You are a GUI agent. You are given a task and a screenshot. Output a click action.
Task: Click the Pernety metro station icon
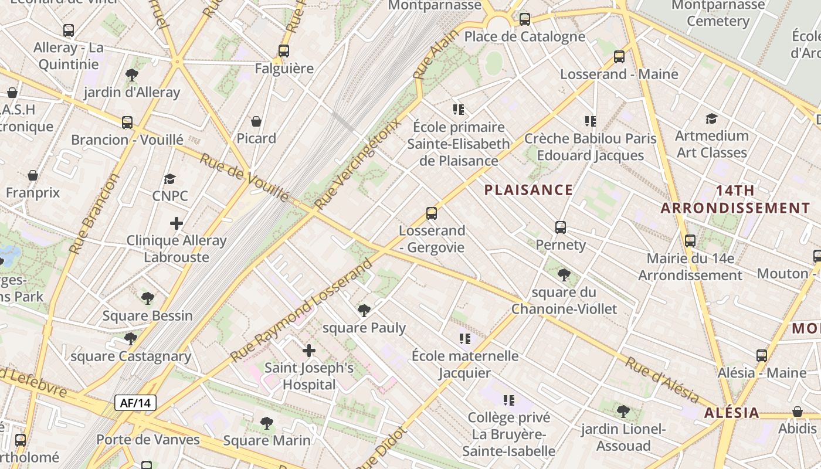pyautogui.click(x=560, y=227)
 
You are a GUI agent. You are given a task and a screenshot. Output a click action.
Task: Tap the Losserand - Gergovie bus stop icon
pyautogui.click(x=432, y=213)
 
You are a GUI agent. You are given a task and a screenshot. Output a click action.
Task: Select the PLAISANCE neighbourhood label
pyautogui.click(x=528, y=189)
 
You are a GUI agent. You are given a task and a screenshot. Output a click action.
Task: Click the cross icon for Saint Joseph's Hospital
pyautogui.click(x=308, y=351)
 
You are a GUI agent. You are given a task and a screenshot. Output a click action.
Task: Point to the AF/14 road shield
pyautogui.click(x=135, y=403)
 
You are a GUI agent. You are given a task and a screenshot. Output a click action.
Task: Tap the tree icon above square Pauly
pyautogui.click(x=364, y=310)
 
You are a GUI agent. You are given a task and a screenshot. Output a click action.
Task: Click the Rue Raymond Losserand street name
pyautogui.click(x=301, y=310)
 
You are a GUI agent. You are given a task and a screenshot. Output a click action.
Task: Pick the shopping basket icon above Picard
pyautogui.click(x=256, y=121)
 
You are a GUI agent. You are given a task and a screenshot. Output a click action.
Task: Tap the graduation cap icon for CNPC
pyautogui.click(x=169, y=179)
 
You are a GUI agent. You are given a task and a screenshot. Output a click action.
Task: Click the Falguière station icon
pyautogui.click(x=284, y=51)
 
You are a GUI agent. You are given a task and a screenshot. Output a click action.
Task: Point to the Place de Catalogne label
pyautogui.click(x=524, y=36)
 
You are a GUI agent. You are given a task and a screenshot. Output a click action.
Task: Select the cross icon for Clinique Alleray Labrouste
pyautogui.click(x=176, y=223)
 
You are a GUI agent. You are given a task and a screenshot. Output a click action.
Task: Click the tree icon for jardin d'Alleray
pyautogui.click(x=131, y=75)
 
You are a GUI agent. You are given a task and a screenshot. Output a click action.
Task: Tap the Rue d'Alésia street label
pyautogui.click(x=661, y=379)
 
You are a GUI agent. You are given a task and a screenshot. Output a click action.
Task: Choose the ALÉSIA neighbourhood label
pyautogui.click(x=732, y=412)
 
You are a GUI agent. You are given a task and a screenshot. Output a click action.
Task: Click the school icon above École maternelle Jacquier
pyautogui.click(x=465, y=339)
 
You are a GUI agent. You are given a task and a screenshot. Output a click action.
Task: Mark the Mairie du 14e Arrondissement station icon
pyautogui.click(x=690, y=241)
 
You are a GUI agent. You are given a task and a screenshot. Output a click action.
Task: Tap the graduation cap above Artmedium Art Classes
pyautogui.click(x=711, y=119)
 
